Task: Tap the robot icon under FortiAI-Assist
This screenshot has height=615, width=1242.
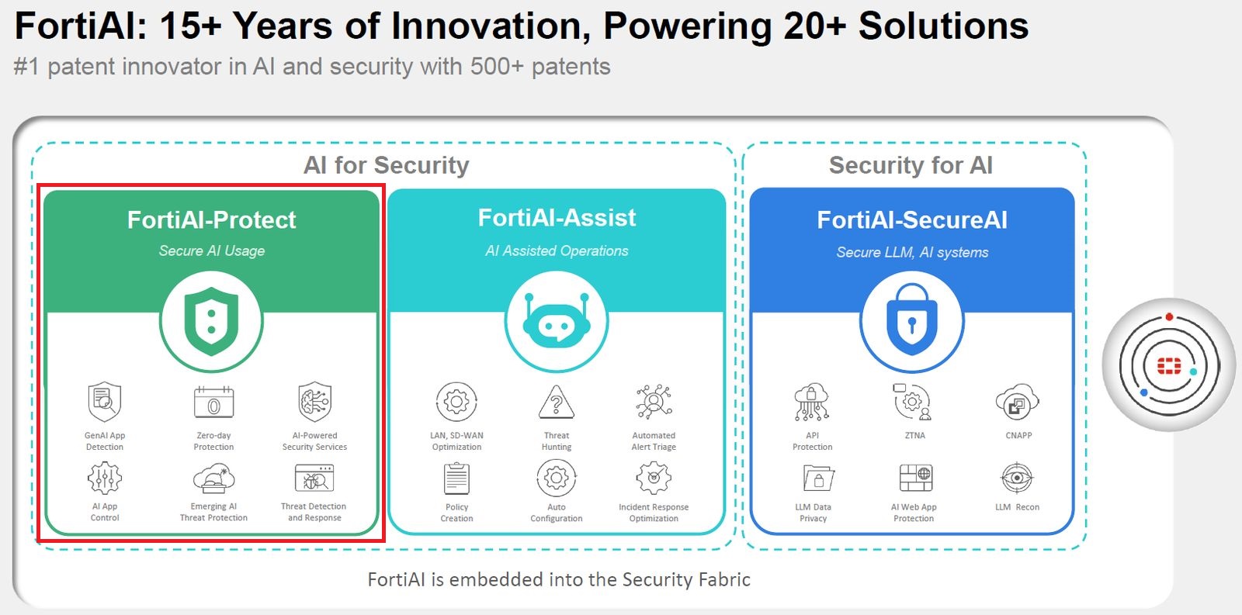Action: tap(557, 321)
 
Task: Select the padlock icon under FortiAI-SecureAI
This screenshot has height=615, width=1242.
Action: tap(912, 321)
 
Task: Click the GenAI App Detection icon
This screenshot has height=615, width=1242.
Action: tap(105, 402)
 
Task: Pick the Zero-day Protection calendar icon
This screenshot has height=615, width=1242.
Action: tap(213, 402)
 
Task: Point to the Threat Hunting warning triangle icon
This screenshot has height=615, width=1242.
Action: tap(557, 402)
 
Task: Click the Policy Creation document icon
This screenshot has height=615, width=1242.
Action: tap(456, 479)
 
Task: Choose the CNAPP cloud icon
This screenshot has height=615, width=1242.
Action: tap(1017, 402)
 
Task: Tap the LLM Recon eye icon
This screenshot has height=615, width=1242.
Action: tap(1017, 478)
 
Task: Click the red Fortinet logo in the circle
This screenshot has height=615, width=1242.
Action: tap(1168, 365)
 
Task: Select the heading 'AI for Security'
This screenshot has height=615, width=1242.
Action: tap(386, 165)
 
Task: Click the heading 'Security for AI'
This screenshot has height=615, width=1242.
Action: tap(911, 165)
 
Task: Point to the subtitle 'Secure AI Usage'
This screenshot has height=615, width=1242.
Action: tap(212, 250)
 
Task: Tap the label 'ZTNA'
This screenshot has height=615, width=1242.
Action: tap(914, 436)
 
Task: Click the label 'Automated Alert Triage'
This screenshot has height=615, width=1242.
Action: tap(654, 441)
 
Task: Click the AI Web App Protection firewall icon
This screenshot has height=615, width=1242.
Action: tap(915, 478)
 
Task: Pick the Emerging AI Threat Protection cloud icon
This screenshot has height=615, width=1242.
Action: tap(213, 479)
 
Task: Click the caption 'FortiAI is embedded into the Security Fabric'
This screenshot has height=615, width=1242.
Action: tap(559, 579)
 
